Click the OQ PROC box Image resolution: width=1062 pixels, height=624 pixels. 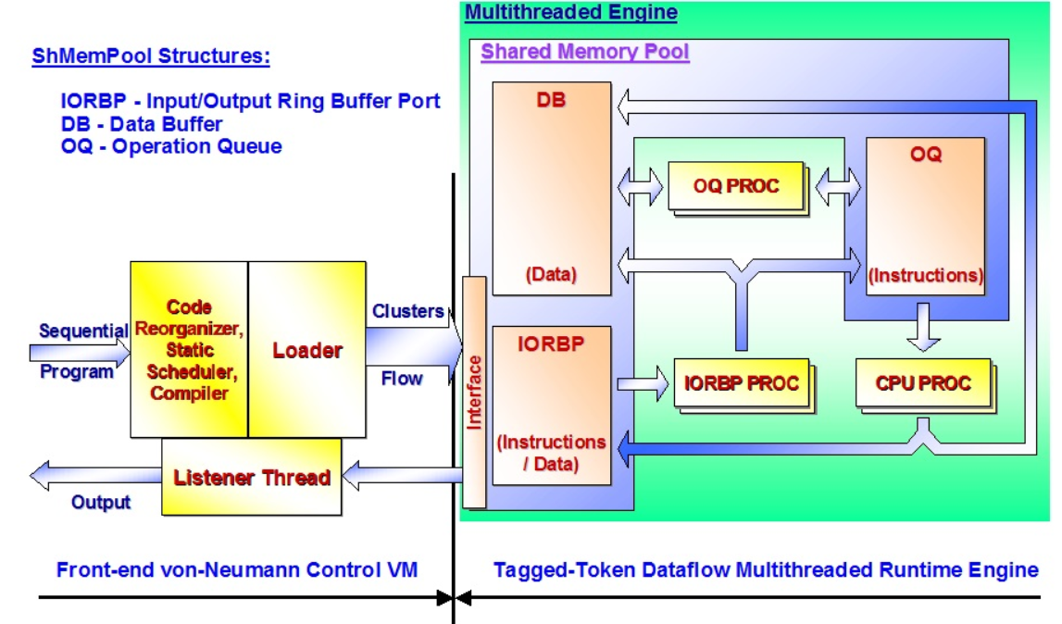[736, 186]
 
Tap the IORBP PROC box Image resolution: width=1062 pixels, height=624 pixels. [740, 382]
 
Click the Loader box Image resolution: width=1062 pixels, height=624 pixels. [306, 350]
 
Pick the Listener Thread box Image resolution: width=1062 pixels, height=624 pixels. [252, 477]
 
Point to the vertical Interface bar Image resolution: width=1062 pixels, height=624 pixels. [474, 393]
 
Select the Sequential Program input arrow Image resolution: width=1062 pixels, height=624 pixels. [79, 351]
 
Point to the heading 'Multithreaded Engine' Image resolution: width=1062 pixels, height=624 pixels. [570, 13]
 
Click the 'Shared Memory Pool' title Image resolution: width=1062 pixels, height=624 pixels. [584, 52]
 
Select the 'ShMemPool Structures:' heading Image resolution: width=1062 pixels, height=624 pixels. [151, 56]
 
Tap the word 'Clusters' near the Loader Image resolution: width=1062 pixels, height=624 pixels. [407, 311]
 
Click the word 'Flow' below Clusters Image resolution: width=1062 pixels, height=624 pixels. [402, 378]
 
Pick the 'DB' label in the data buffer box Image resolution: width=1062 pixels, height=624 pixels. [551, 100]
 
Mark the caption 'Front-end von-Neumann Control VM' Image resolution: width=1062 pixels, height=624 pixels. [237, 569]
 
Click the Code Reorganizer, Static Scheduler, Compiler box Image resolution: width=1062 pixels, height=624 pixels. [189, 350]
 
